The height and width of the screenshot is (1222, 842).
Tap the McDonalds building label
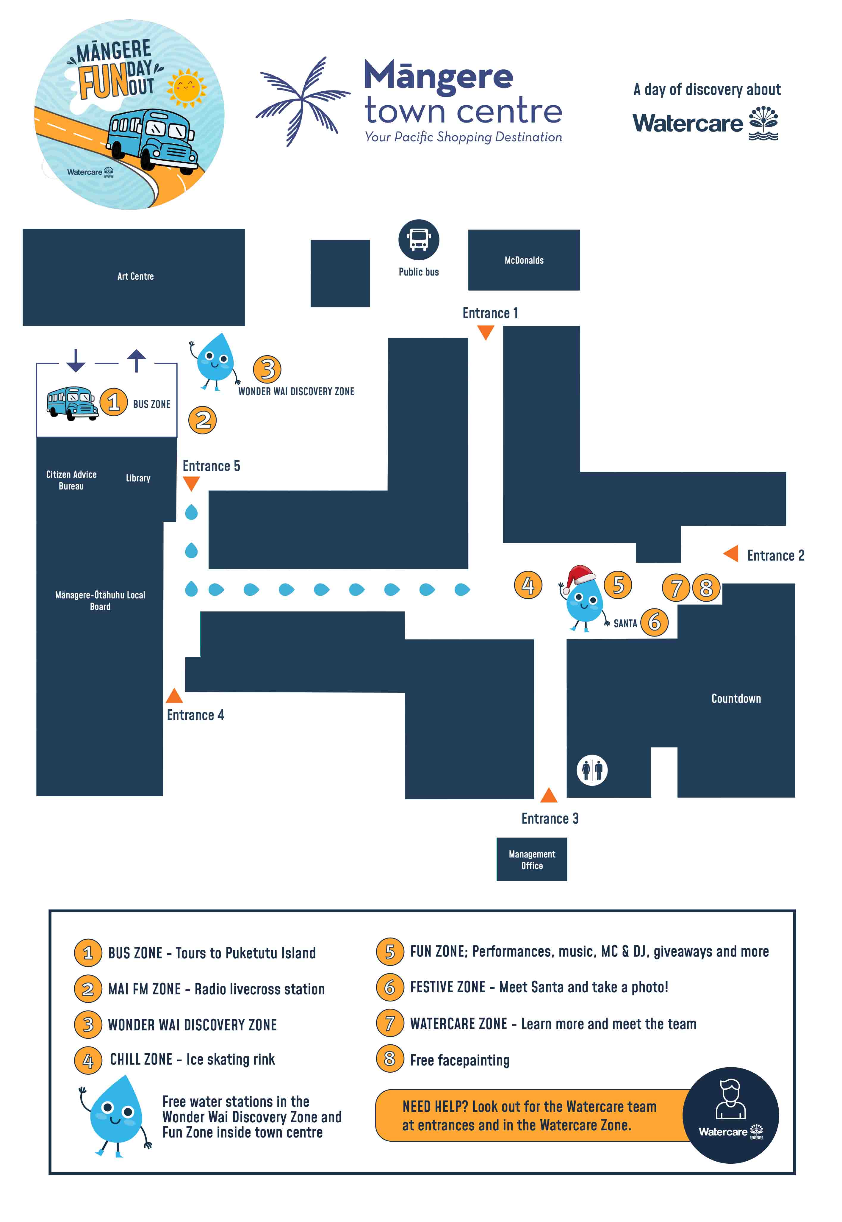pos(524,260)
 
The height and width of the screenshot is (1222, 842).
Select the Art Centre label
pos(136,276)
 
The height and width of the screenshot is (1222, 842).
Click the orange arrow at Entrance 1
pos(485,332)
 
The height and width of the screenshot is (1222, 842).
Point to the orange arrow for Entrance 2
pos(731,553)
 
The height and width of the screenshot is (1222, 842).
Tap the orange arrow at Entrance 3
pos(549,795)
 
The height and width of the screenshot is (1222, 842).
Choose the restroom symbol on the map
pos(592,770)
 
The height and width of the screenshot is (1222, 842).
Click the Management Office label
pos(532,860)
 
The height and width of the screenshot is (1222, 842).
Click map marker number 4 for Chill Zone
pos(528,585)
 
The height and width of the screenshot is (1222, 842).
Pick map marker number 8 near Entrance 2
pos(706,588)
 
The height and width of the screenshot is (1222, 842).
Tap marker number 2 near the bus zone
pos(203,420)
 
